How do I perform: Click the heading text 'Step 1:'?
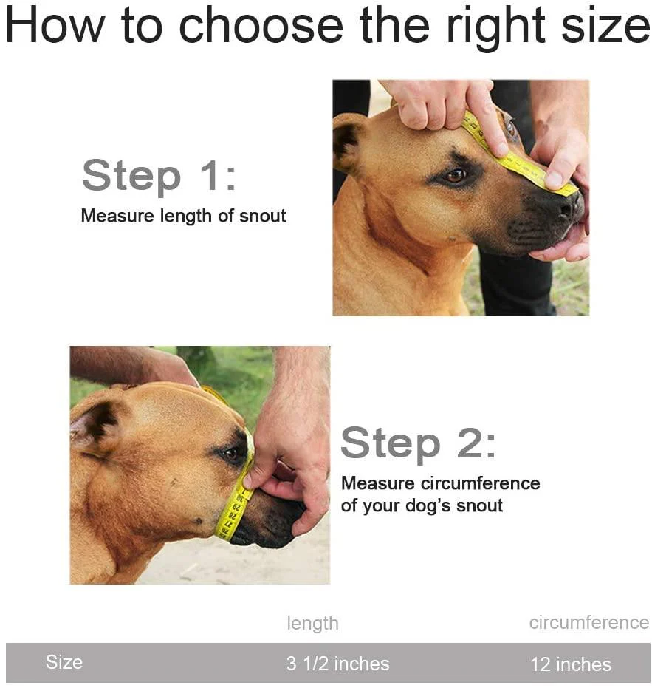point(159,176)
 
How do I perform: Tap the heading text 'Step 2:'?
point(418,443)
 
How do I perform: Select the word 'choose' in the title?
point(261,27)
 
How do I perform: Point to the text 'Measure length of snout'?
point(183,216)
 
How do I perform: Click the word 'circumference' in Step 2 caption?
point(480,483)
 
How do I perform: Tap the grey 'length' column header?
point(312,623)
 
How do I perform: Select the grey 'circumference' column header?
point(588,623)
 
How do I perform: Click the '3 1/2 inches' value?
point(337,664)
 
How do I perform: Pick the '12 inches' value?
point(571,664)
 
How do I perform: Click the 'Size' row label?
point(64,662)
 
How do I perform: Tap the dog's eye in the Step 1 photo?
point(455,177)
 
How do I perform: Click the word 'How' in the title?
point(55,27)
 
